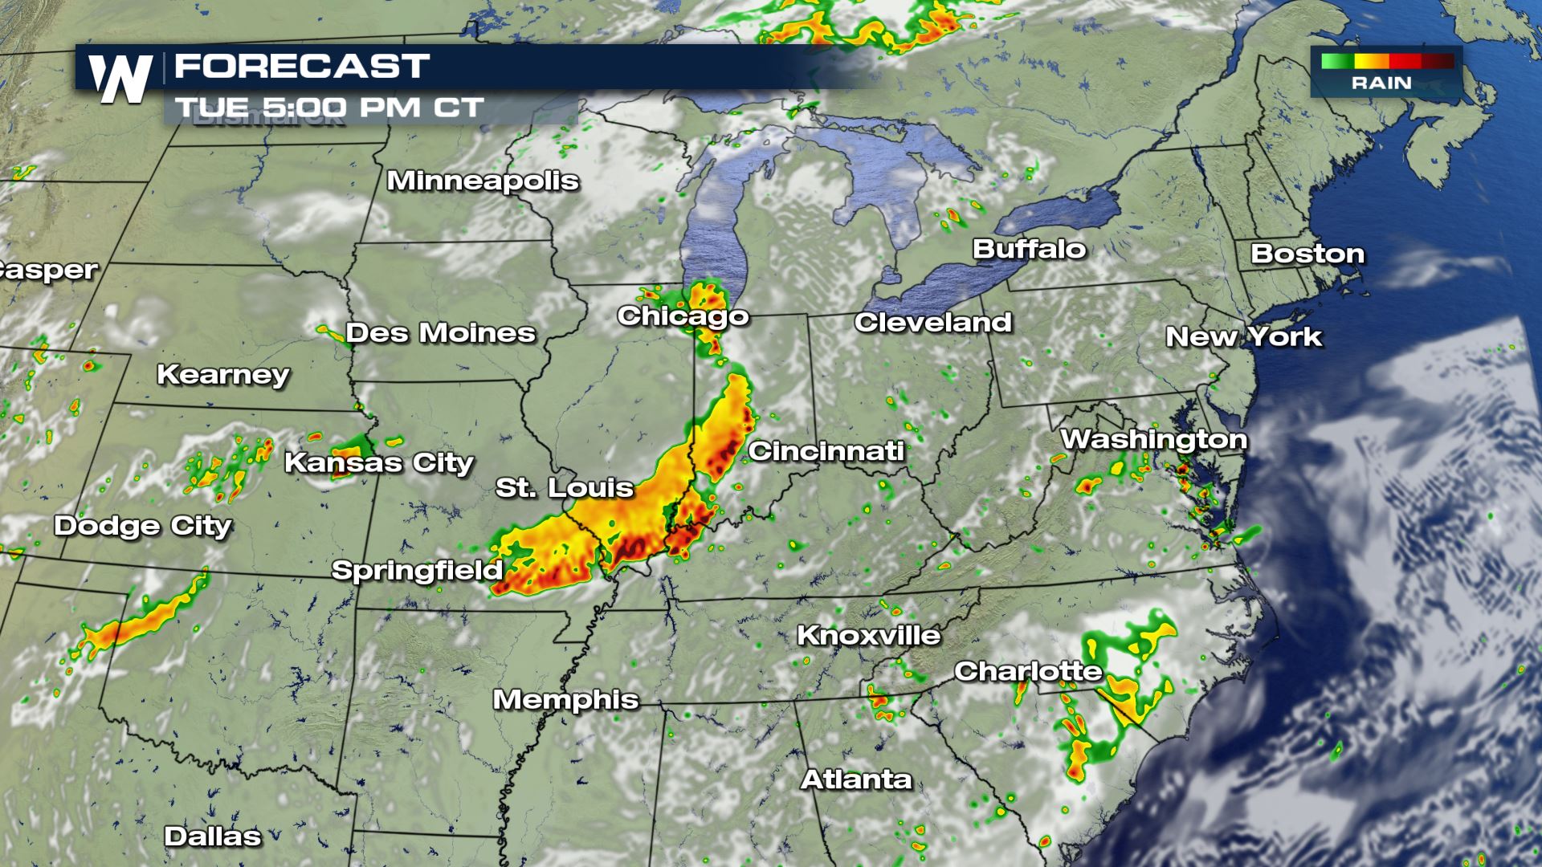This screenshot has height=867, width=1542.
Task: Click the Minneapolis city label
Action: click(483, 181)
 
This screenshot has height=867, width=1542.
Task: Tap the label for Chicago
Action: click(683, 315)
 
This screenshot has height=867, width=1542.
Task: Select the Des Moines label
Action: click(440, 332)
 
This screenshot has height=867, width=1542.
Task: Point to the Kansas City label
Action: click(379, 462)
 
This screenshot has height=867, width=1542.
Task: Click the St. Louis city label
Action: click(565, 487)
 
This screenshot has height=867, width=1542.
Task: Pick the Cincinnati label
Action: click(826, 451)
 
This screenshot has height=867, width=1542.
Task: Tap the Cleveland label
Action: click(932, 322)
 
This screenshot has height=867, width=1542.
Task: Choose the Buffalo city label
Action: click(1029, 249)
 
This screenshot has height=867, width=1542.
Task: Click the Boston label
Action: click(1307, 254)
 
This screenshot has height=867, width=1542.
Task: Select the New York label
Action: click(1243, 336)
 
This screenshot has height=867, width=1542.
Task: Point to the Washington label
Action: click(1153, 439)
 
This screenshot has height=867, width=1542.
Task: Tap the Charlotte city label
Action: click(1028, 671)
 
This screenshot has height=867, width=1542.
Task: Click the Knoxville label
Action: click(868, 635)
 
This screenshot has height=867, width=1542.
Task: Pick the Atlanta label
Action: click(856, 779)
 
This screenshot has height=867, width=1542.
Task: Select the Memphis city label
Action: click(565, 699)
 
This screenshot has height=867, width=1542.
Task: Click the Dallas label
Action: click(213, 836)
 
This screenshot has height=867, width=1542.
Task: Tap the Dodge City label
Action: click(143, 526)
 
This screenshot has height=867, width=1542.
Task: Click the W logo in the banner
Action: click(120, 79)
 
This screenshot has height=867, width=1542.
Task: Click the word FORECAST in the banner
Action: click(302, 66)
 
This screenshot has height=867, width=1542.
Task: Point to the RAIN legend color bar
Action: click(1386, 61)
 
